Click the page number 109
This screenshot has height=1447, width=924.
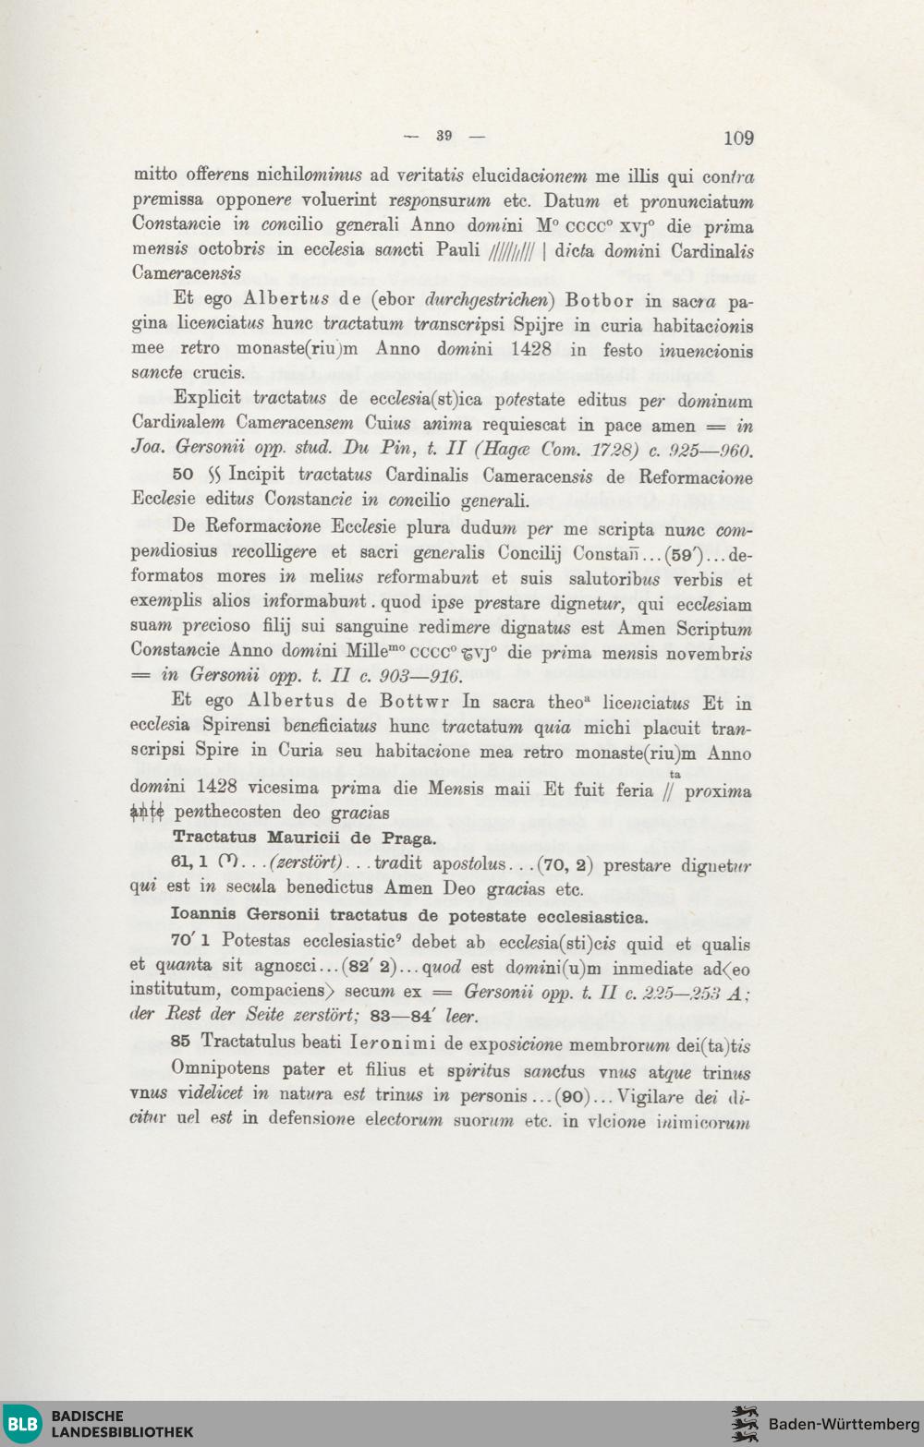point(738,139)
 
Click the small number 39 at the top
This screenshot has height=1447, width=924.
point(444,136)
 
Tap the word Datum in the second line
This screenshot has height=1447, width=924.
point(571,201)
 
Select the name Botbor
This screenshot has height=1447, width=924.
point(599,300)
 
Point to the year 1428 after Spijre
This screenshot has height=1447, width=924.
point(531,349)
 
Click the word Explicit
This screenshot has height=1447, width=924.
point(207,399)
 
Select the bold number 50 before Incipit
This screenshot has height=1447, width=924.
point(183,475)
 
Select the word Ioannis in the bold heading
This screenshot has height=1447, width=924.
point(204,916)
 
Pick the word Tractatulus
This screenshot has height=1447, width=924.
point(253,1042)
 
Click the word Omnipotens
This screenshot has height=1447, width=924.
point(221,1068)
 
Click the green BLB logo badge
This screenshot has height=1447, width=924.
point(22,1423)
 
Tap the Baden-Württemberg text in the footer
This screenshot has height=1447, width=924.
point(844,1424)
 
